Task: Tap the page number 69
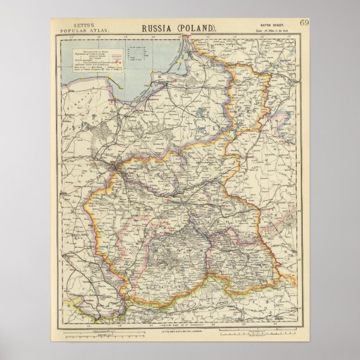[305, 23]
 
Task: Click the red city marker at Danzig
[112, 103]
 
